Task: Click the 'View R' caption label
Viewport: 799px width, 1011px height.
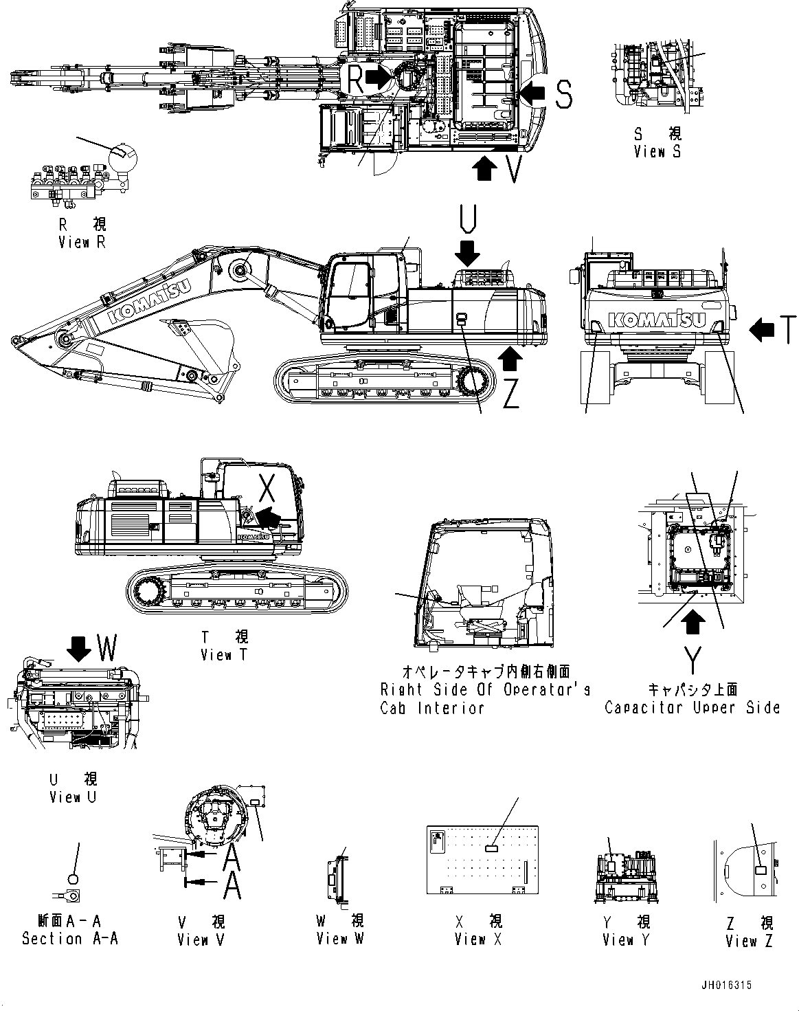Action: coord(82,242)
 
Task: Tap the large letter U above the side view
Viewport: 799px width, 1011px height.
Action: coord(468,219)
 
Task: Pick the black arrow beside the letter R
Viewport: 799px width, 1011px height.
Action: coord(377,77)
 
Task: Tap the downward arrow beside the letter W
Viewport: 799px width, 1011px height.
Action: coord(81,647)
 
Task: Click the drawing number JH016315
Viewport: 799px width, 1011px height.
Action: coord(726,985)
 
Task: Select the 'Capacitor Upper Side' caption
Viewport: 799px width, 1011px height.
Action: coord(692,707)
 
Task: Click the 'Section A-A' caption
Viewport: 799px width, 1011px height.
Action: coord(70,938)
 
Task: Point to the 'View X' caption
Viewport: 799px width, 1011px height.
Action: coord(478,939)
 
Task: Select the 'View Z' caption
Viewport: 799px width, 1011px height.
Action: coord(749,941)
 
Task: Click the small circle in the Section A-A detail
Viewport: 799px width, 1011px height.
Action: coord(74,878)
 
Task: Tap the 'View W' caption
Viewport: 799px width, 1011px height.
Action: coord(340,938)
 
